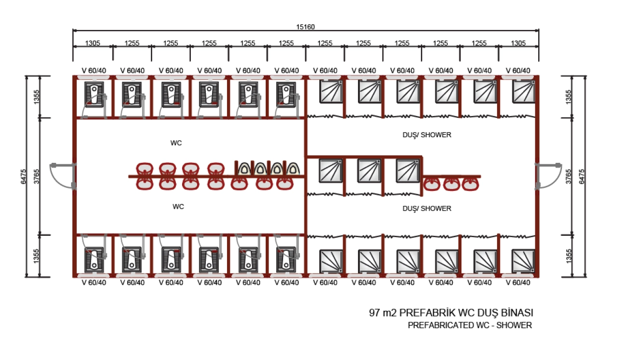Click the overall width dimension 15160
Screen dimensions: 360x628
click(x=305, y=27)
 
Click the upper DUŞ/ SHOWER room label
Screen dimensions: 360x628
click(x=427, y=135)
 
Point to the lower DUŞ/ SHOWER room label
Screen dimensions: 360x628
click(x=427, y=208)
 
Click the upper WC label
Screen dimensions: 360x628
click(x=176, y=143)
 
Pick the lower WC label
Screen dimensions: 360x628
click(x=178, y=206)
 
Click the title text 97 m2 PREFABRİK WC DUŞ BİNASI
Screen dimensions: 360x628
click(x=451, y=313)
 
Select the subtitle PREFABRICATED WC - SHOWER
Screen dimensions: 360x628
click(x=470, y=325)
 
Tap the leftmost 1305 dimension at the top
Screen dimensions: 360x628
click(x=93, y=43)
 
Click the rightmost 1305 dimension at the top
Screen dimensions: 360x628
click(x=518, y=43)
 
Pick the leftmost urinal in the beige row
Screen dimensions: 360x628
click(x=245, y=168)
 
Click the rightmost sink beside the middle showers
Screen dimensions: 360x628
click(x=470, y=183)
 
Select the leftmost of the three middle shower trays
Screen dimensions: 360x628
click(x=331, y=171)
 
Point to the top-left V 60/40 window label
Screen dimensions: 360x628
click(x=94, y=71)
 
